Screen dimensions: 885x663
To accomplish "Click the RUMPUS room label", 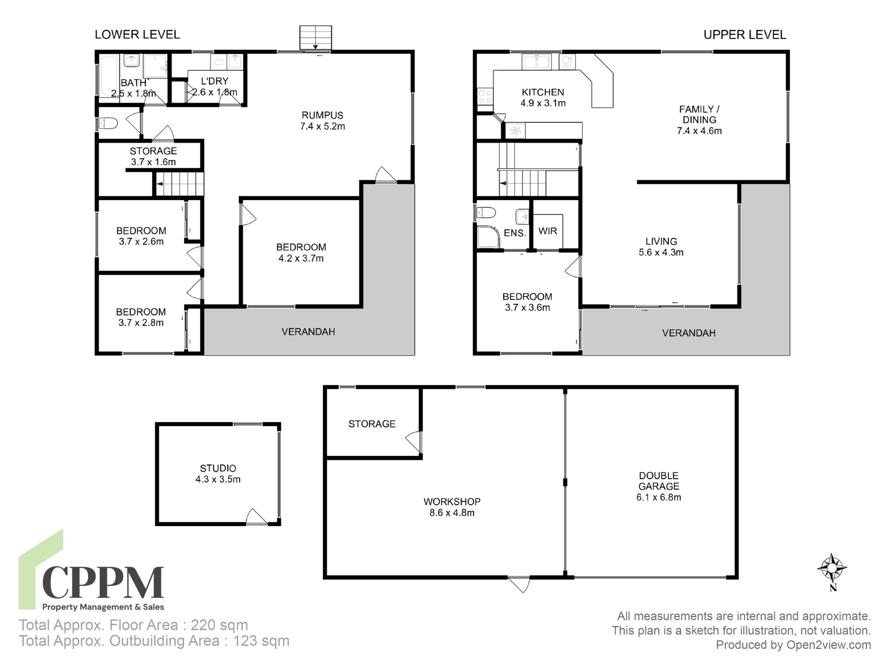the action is click(x=323, y=115).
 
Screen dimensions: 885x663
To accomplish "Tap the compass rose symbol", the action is click(x=832, y=568).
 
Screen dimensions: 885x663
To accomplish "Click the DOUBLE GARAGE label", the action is click(x=659, y=481).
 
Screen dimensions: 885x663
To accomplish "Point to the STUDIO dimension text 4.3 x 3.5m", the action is click(x=218, y=479).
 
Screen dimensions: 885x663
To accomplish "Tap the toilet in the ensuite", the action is click(x=486, y=213).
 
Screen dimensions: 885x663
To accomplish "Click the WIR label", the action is click(x=548, y=231).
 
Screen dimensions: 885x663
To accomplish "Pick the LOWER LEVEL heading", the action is click(x=137, y=35).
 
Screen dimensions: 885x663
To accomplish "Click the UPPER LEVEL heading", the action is click(x=745, y=35).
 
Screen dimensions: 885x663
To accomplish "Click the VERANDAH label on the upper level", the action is click(x=689, y=333).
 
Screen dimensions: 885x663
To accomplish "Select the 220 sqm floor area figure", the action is click(x=219, y=625).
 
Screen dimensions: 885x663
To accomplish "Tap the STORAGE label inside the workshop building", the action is click(x=372, y=424).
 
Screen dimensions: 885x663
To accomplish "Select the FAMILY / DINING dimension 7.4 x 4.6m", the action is click(x=699, y=131).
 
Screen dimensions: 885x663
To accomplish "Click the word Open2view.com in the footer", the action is click(x=829, y=645).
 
